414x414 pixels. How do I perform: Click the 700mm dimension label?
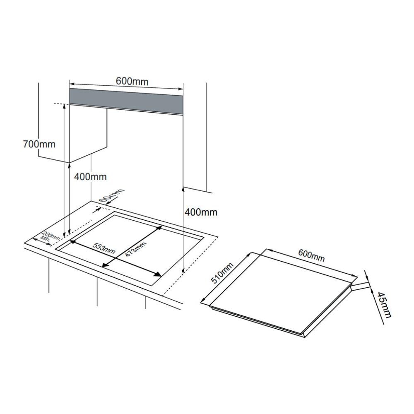39,144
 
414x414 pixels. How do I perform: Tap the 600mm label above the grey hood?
132,81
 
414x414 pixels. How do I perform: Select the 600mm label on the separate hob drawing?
311,255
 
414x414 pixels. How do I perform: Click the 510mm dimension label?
222,273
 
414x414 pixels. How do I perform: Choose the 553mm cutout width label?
104,248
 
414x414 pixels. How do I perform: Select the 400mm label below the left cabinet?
90,177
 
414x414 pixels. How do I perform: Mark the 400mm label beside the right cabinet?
201,212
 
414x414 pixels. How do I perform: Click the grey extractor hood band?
126,101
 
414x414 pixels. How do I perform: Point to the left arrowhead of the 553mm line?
72,241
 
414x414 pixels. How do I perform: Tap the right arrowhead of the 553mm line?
158,274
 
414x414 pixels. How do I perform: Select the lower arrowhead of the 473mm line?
105,265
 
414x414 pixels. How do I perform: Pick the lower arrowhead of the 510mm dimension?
203,300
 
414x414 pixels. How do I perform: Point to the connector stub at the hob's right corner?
361,286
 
